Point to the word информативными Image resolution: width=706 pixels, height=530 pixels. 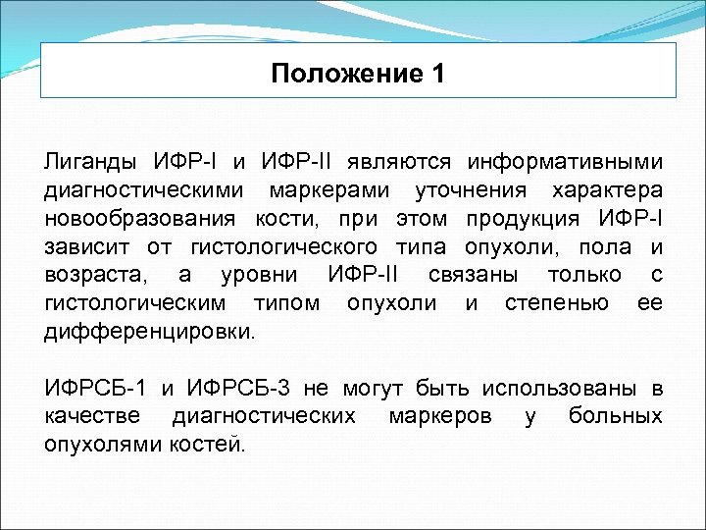[x=565, y=160]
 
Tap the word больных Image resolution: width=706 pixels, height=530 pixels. [x=615, y=417]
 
